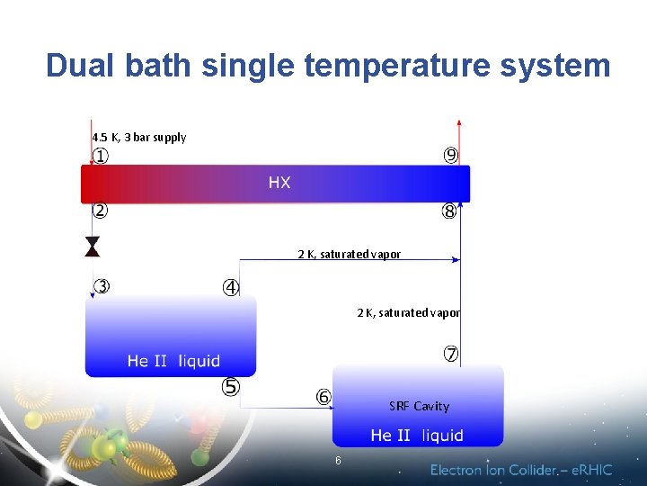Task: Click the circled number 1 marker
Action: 101,157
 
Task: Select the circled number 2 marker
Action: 101,211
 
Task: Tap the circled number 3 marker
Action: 102,287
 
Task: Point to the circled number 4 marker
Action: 231,288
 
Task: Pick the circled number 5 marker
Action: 231,387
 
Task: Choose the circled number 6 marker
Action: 323,397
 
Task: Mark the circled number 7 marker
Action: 451,355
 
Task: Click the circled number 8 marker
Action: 449,212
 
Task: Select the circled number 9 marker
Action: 451,156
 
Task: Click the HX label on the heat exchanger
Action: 279,183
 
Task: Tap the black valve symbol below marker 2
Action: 93,247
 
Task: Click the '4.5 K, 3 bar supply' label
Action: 138,138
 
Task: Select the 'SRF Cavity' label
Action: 419,406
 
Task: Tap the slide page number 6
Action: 338,461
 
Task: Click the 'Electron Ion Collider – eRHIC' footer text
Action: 521,470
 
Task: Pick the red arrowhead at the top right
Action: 459,123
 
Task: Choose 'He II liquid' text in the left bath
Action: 173,361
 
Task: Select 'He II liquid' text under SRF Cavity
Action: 417,436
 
